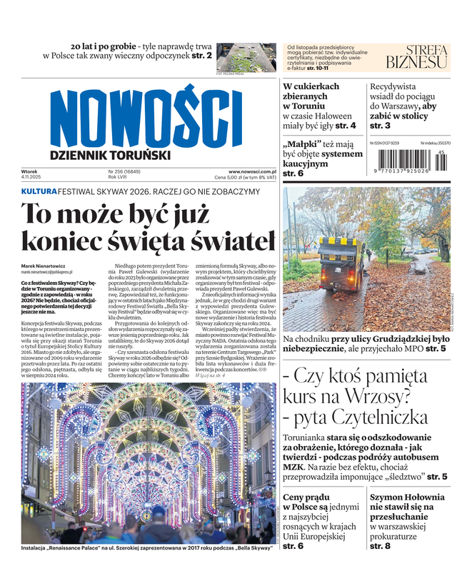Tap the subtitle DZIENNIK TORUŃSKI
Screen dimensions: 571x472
coord(110,155)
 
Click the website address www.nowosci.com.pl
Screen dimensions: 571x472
coord(252,171)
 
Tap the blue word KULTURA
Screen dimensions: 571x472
coord(39,191)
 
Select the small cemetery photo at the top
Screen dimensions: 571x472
coord(245,56)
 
